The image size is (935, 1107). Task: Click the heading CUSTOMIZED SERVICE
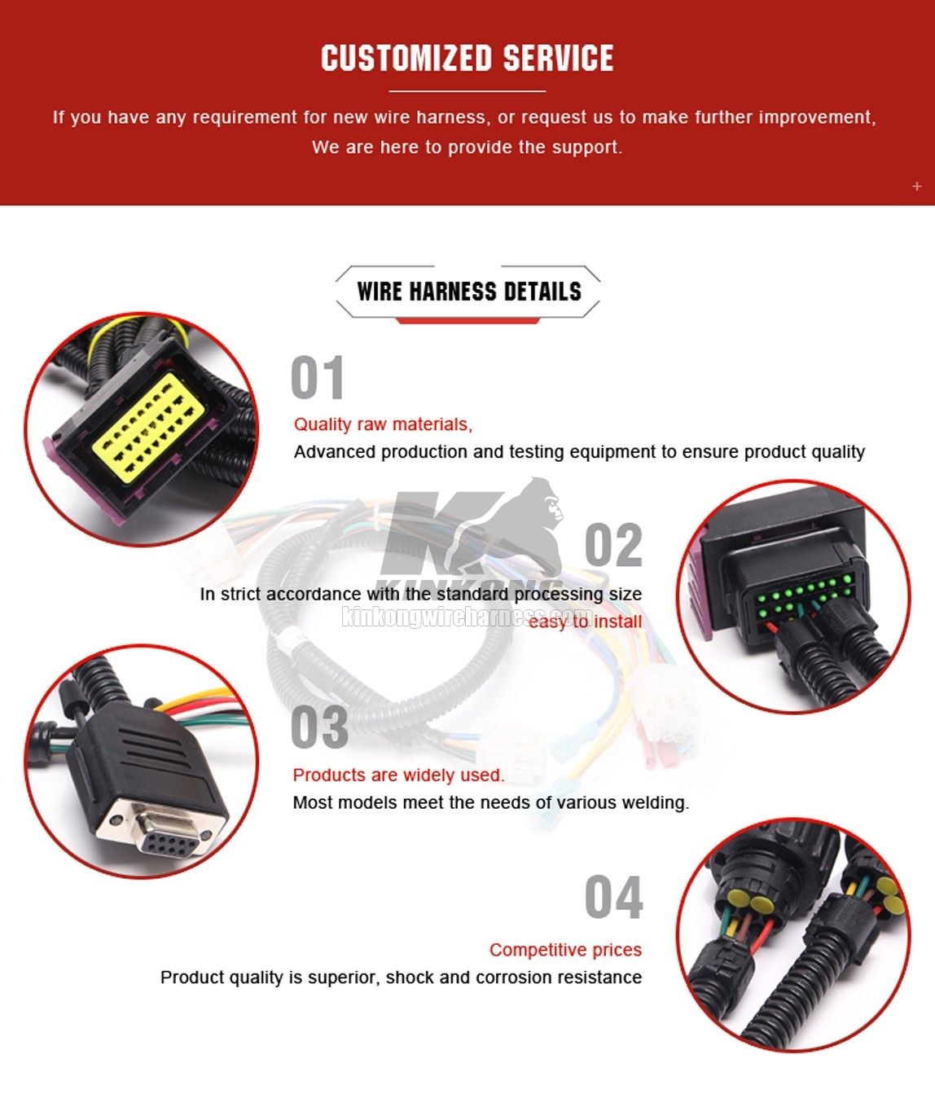pyautogui.click(x=467, y=59)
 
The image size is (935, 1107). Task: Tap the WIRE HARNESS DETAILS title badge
pyautogui.click(x=468, y=292)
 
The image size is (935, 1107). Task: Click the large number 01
pyautogui.click(x=317, y=379)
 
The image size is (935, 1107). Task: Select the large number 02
pyautogui.click(x=613, y=547)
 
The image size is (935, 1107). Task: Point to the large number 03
pyautogui.click(x=319, y=727)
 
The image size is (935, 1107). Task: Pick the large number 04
pyautogui.click(x=613, y=898)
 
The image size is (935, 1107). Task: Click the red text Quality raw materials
pyautogui.click(x=383, y=424)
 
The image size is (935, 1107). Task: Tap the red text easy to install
pyautogui.click(x=585, y=622)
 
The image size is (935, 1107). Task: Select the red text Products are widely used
pyautogui.click(x=398, y=775)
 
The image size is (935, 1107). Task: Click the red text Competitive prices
pyautogui.click(x=565, y=950)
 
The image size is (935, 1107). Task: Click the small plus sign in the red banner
pyautogui.click(x=917, y=187)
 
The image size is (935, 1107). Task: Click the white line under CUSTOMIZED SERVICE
pyautogui.click(x=467, y=91)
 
